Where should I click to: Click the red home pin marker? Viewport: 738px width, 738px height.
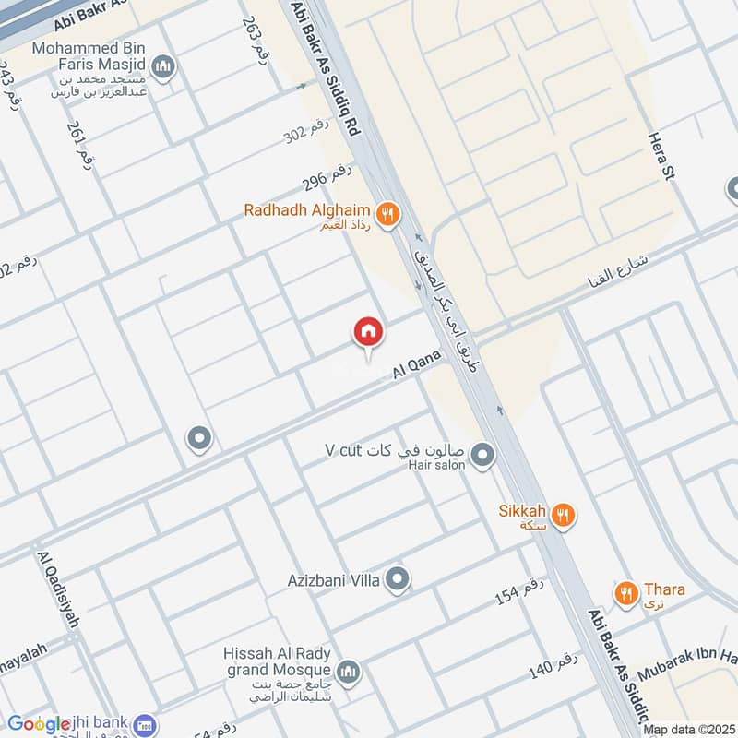coord(367,333)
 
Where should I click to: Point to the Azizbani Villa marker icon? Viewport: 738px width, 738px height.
coord(398,579)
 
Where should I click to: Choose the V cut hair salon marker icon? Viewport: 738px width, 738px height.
coord(482,454)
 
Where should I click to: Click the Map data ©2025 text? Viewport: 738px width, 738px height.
coord(689,730)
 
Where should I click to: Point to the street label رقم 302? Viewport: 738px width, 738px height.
coord(306,136)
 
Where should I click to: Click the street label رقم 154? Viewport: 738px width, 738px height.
coord(520,591)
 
